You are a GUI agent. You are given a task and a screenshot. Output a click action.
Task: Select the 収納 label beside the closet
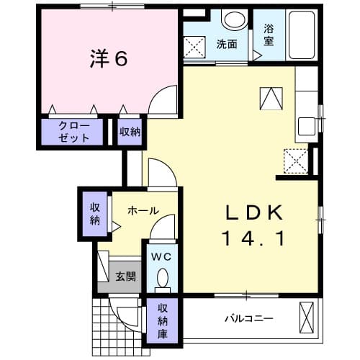click(x=130, y=132)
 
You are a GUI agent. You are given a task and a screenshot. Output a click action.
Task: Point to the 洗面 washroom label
click(x=227, y=44)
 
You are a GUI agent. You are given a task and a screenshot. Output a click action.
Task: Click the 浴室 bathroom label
click(x=269, y=35)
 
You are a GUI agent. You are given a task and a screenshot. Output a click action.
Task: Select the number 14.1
click(x=251, y=237)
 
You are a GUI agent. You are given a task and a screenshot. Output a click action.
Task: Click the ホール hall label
click(x=143, y=211)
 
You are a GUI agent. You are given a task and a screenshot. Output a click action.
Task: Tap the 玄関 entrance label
click(x=126, y=276)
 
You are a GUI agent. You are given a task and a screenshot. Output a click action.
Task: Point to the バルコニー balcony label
click(x=246, y=317)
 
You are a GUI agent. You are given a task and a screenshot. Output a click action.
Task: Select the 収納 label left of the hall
click(x=95, y=214)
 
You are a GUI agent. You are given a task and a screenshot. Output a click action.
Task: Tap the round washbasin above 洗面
click(x=232, y=20)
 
